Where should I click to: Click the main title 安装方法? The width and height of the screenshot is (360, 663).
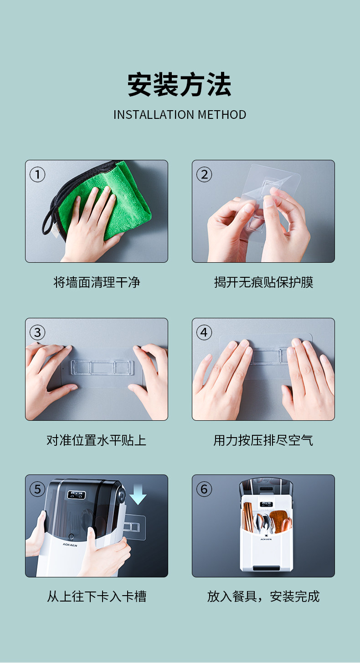point(179,84)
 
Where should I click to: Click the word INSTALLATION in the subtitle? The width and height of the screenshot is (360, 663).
point(154,115)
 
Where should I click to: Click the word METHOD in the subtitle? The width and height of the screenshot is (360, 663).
point(222,115)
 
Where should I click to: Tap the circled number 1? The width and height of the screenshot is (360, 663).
point(37,175)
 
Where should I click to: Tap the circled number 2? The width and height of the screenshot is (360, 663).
point(204,175)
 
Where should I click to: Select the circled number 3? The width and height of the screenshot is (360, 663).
point(37,332)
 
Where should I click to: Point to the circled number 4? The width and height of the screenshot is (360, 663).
point(204,332)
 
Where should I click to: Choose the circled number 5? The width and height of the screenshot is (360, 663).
point(37,489)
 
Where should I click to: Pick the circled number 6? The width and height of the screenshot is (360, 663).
point(204,489)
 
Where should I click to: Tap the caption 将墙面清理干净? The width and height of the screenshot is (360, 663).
point(97,282)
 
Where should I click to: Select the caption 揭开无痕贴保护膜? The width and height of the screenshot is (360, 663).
point(263,282)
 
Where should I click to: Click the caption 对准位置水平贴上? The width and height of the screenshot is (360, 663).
point(97,440)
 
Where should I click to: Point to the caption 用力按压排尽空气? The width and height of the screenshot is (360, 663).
point(263,440)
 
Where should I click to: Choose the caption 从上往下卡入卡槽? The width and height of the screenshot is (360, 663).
point(97,596)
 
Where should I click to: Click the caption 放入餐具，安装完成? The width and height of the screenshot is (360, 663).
point(263,596)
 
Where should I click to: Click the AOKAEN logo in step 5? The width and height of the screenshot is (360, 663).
point(70,545)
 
